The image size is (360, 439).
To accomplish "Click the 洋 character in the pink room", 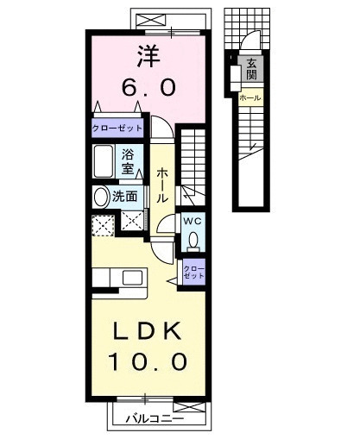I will (145, 56).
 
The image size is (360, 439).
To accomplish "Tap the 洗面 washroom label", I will (125, 196).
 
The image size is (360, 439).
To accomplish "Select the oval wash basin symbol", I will (100, 196).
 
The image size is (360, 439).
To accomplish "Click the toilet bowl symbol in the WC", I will (193, 239).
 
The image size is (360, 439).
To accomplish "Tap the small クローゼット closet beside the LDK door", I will (193, 273).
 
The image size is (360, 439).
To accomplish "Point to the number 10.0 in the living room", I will (148, 363).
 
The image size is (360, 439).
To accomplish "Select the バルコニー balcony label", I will (144, 418).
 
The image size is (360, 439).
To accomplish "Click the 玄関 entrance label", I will (251, 69).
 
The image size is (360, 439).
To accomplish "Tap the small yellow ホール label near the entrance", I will (250, 98).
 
